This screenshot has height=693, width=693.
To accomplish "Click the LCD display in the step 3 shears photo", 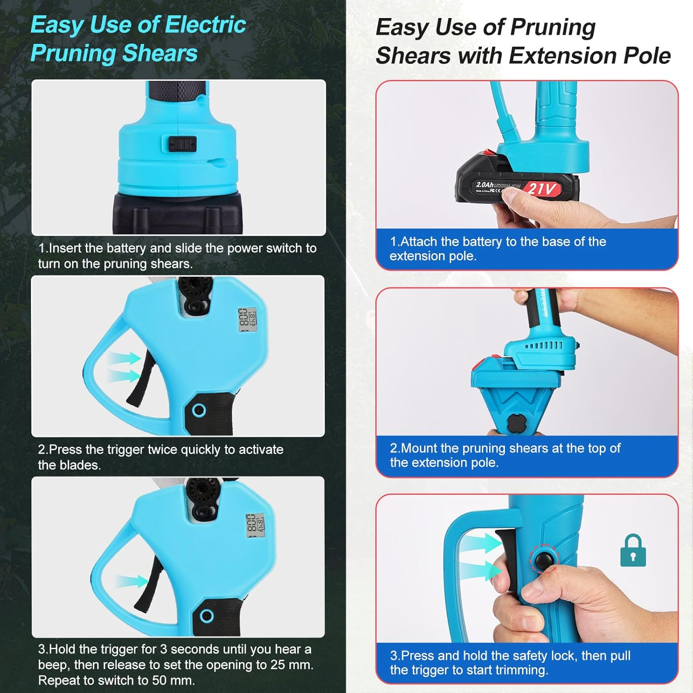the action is (x=255, y=524).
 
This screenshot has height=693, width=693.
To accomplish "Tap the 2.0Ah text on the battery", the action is (x=485, y=185).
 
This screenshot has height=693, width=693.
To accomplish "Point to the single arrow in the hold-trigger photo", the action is (x=132, y=581).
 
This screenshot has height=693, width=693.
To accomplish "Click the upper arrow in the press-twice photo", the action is (x=124, y=358).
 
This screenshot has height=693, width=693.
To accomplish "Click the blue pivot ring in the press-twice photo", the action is (x=199, y=410).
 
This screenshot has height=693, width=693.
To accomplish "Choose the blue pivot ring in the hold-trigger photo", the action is (x=207, y=615).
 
